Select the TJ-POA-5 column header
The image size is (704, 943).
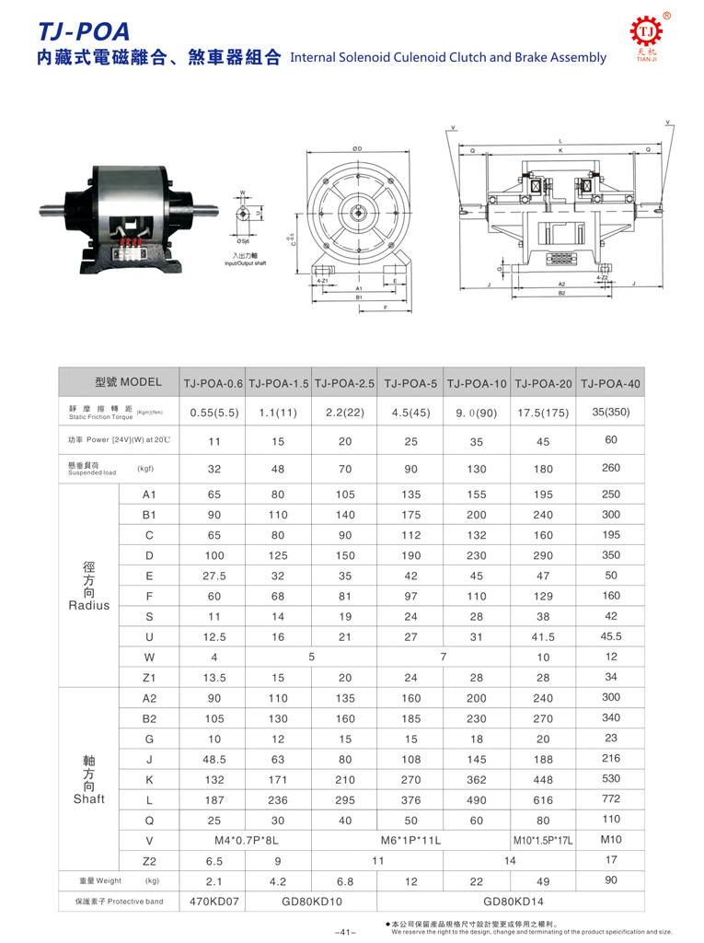click(x=410, y=382)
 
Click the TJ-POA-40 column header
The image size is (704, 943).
click(x=611, y=382)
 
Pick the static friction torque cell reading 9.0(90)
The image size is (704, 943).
click(x=476, y=413)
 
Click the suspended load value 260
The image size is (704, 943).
click(x=611, y=468)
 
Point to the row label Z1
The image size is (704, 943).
click(x=149, y=679)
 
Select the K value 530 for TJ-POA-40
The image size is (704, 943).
click(x=611, y=779)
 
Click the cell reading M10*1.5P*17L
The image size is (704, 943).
click(x=543, y=840)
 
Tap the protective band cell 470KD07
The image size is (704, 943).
click(x=214, y=901)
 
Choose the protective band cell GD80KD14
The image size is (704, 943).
click(x=511, y=901)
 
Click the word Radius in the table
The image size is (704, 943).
click(x=89, y=605)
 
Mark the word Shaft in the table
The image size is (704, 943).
click(x=89, y=798)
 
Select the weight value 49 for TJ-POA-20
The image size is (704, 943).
click(x=543, y=881)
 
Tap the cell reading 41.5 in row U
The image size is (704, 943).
click(x=543, y=636)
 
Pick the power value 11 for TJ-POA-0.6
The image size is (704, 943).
click(x=214, y=441)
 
